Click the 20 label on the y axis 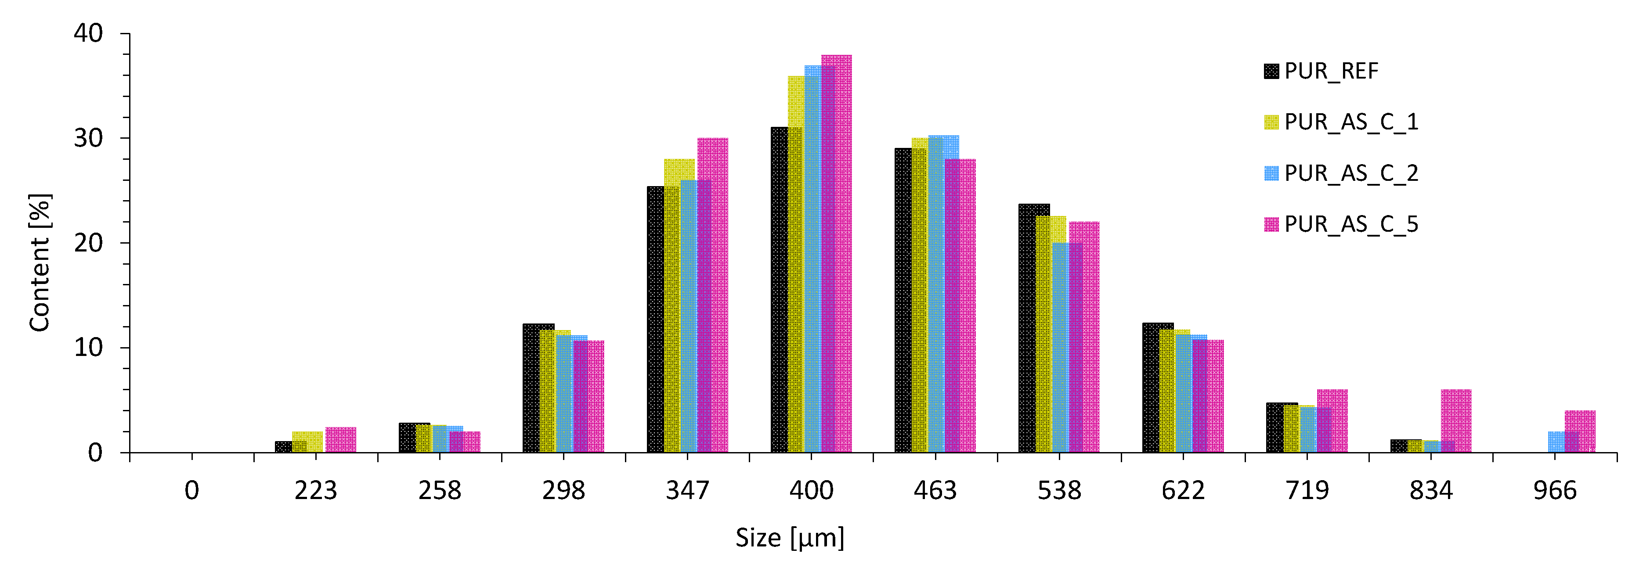(88, 243)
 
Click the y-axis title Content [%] (40, 262)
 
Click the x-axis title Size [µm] (789, 538)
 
